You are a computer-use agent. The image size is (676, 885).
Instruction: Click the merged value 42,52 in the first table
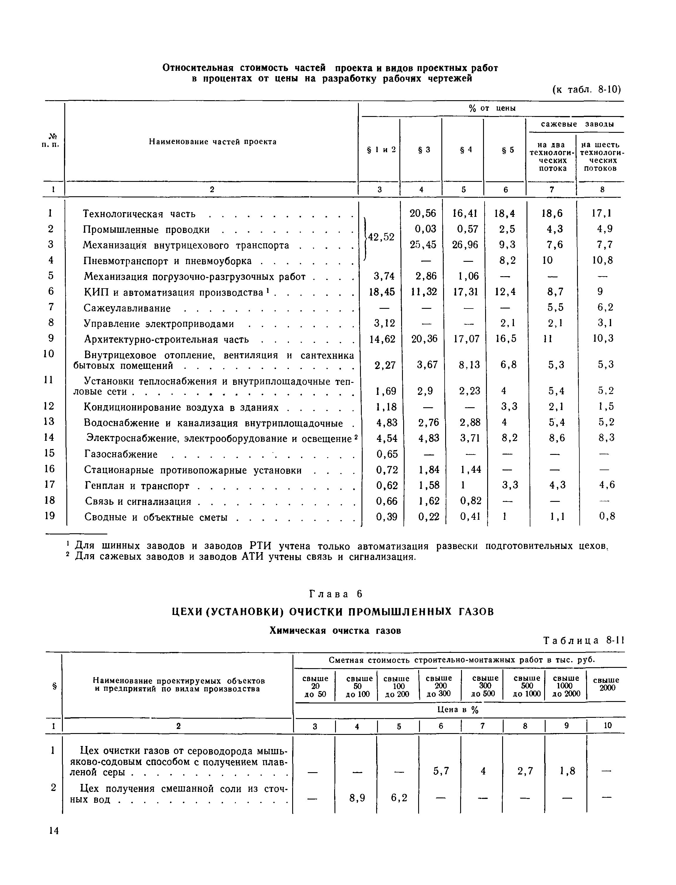pos(381,237)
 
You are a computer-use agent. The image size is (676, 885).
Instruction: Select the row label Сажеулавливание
pos(127,309)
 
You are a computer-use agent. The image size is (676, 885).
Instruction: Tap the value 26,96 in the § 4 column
pos(465,244)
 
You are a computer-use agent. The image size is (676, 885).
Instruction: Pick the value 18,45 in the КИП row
pos(382,292)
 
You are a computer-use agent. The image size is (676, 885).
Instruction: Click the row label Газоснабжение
pos(121,454)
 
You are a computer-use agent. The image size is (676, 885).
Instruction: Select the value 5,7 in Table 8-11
pos(441,771)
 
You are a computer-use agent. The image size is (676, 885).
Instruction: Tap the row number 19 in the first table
pos(50,516)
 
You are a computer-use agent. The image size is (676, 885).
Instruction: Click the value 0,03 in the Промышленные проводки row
pos(425,229)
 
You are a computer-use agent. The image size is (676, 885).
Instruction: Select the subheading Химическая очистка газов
pos(335,631)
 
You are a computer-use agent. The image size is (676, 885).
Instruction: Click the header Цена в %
pos(458,710)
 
